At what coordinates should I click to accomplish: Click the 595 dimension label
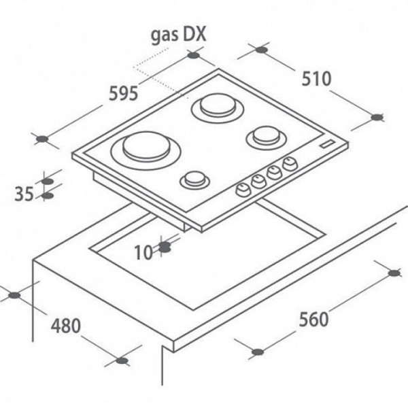click(x=123, y=94)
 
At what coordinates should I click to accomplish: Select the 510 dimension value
click(x=316, y=79)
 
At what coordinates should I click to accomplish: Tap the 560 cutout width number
click(x=313, y=320)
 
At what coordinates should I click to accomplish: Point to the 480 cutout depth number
click(x=66, y=326)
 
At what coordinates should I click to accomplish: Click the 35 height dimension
click(x=24, y=194)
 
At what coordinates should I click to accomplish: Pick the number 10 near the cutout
click(x=143, y=252)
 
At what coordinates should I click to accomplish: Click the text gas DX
click(x=178, y=35)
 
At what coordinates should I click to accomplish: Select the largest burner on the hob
click(x=146, y=150)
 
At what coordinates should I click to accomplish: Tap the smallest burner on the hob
click(x=195, y=180)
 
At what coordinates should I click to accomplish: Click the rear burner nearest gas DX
click(x=218, y=107)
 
